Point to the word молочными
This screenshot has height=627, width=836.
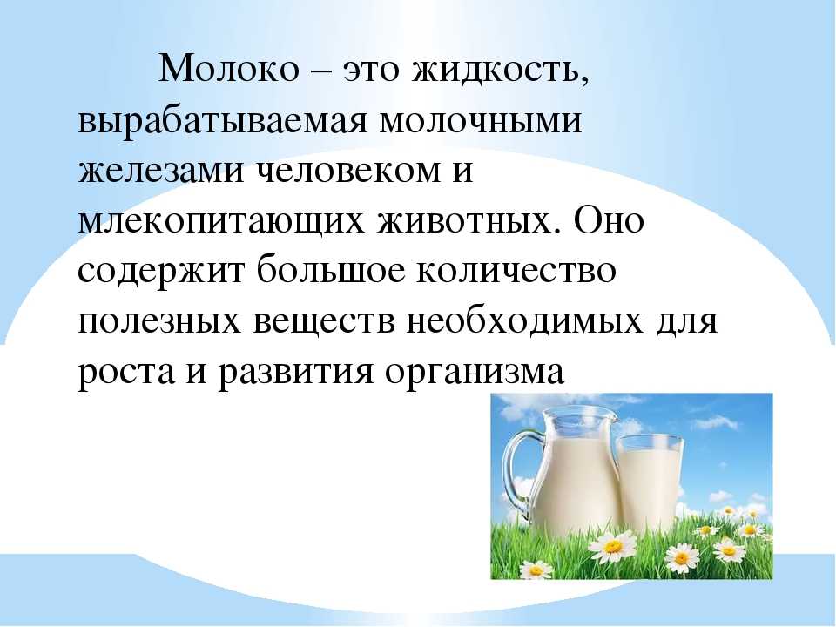click(481, 122)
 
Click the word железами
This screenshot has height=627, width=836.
click(160, 172)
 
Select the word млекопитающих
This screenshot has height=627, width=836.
click(221, 223)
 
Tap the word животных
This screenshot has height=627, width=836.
click(465, 221)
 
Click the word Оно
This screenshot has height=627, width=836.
click(609, 219)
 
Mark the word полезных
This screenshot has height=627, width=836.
click(159, 321)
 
